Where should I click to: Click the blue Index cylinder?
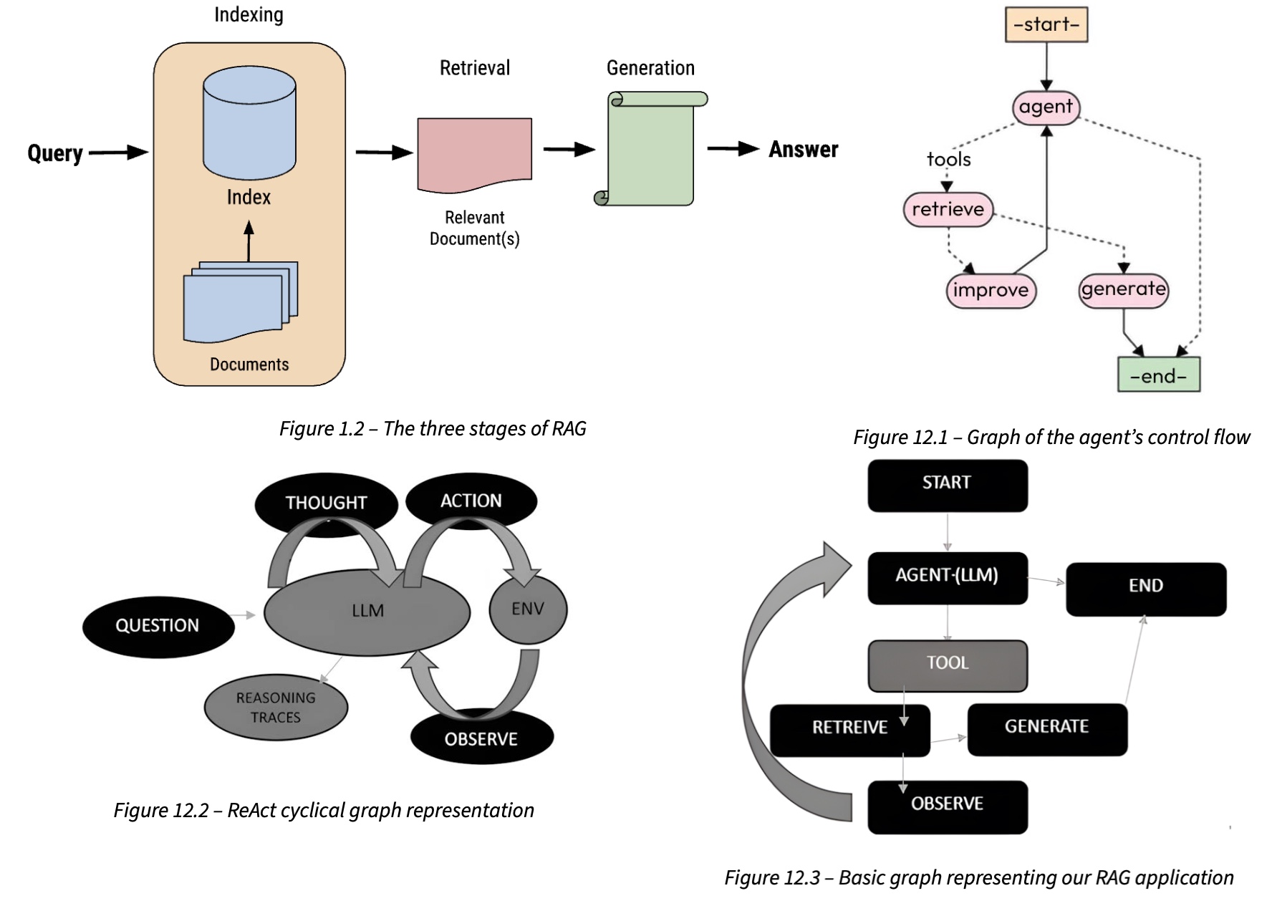249,123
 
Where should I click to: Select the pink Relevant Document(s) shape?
474,153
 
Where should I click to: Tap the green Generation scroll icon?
650,149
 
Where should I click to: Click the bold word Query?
55,153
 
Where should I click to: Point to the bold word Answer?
803,149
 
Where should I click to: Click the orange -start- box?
1046,24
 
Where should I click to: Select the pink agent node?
1046,107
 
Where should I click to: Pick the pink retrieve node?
948,209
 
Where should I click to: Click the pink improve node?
991,290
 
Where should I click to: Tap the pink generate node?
1123,289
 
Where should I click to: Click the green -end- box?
1158,375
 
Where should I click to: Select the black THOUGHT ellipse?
326,502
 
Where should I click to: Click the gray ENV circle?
528,609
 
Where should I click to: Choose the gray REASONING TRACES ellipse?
276,707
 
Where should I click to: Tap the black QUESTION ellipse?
158,625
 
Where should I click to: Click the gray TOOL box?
947,664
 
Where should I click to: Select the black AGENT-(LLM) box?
947,577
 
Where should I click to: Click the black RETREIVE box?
849,728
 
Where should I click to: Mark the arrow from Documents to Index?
249,241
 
